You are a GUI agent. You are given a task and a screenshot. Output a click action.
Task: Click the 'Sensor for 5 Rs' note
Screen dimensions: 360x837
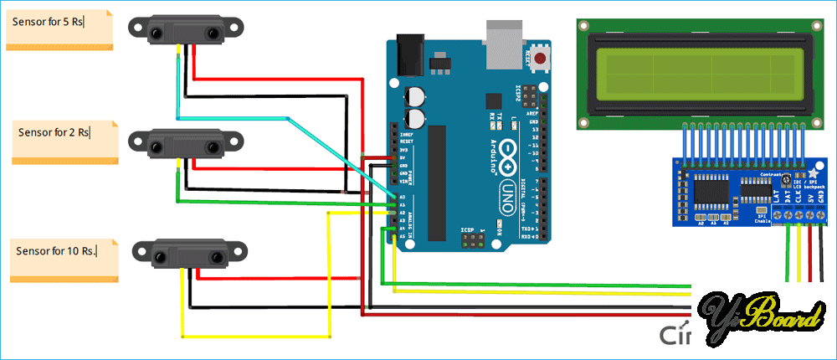coord(59,28)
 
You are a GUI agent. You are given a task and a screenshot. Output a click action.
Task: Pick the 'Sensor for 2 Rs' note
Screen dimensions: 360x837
coord(65,141)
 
